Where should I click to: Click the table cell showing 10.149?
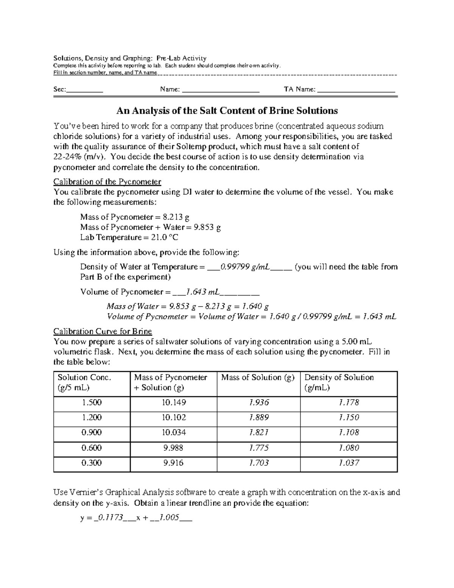tap(174, 402)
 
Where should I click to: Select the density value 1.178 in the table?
tap(348, 402)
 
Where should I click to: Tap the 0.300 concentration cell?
tap(92, 463)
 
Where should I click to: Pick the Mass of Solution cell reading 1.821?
tap(259, 432)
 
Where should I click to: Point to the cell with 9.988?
tap(174, 448)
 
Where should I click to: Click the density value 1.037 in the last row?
tap(348, 463)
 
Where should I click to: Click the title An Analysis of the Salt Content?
tap(227, 111)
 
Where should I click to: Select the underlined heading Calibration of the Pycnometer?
tap(107, 182)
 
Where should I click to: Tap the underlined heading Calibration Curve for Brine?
tap(103, 332)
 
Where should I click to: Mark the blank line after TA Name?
tap(356, 90)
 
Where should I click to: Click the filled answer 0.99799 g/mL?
tap(245, 267)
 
